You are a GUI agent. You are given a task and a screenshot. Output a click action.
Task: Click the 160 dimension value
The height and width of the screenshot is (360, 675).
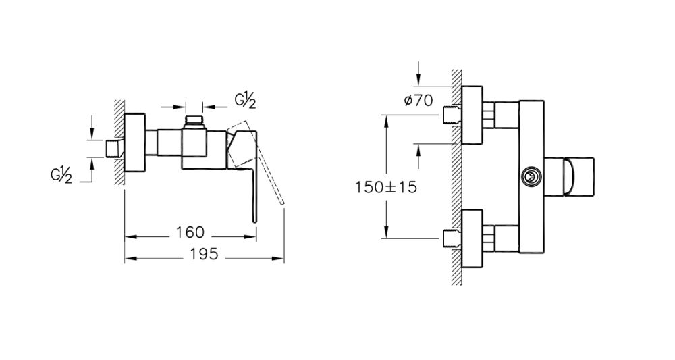coord(190,233)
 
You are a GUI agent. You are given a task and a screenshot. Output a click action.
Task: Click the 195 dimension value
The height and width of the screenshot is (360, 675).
coord(203,255)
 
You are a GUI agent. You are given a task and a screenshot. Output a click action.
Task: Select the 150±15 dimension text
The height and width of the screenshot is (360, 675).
coord(385,187)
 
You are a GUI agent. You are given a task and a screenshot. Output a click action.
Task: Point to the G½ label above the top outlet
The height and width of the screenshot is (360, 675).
coord(245,101)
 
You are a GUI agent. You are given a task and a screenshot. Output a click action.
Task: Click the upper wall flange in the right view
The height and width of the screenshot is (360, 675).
coord(472,115)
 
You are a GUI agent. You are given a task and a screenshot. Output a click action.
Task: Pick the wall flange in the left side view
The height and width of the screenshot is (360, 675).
coord(135,148)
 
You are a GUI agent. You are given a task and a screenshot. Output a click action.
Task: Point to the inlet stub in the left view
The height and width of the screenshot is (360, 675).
coord(115,148)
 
